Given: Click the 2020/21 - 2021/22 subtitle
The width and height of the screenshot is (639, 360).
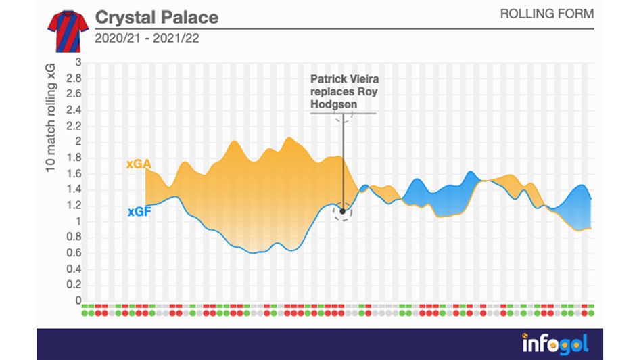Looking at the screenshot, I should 146,38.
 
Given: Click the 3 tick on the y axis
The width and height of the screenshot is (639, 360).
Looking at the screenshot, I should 78,62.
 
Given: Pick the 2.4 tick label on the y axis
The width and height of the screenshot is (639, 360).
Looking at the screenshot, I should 74,110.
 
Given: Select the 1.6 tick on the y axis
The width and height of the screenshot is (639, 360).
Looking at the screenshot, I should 74,173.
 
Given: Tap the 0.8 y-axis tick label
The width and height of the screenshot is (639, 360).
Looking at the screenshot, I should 74,237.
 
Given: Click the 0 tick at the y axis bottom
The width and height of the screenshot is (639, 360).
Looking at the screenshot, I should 78,300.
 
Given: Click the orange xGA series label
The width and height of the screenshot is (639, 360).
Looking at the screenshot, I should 138,164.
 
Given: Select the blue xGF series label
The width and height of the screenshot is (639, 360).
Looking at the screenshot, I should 138,212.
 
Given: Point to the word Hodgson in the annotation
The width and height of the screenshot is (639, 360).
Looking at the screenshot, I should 333,105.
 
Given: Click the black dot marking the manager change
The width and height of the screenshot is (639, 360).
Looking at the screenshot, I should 343,212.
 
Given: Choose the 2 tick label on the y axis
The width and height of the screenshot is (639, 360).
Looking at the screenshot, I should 78,141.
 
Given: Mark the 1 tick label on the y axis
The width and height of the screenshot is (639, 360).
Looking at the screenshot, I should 78,221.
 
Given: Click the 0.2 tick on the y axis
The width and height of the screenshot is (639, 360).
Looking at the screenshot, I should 74,285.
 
